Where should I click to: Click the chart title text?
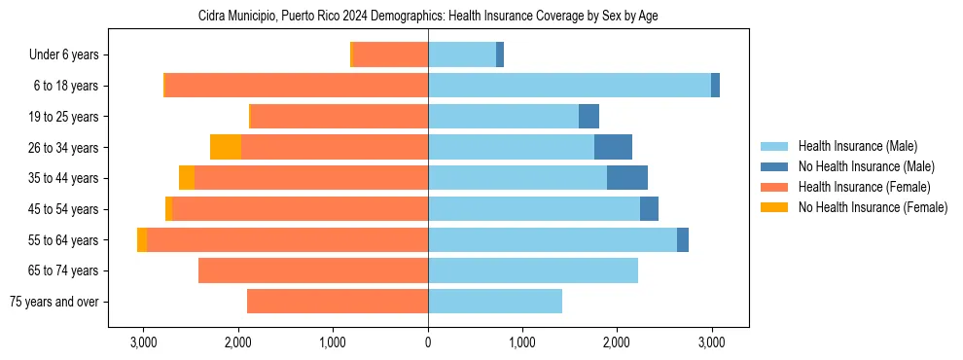tap(428, 17)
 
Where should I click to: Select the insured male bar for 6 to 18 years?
tap(569, 86)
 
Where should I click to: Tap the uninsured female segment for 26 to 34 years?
tap(226, 147)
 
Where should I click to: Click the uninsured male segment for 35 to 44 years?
tap(627, 178)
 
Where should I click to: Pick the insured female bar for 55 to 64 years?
tap(287, 239)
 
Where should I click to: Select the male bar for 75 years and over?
tap(495, 302)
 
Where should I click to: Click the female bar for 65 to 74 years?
tap(313, 270)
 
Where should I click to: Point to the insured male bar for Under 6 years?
tap(462, 55)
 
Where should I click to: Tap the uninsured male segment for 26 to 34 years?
tap(613, 147)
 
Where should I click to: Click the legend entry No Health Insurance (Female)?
tap(873, 207)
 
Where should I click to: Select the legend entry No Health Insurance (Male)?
tap(866, 166)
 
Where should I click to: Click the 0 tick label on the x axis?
tap(428, 342)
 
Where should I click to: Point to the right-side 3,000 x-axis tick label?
tap(711, 342)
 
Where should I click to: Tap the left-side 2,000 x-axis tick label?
tap(238, 342)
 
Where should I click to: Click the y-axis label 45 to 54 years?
tap(64, 209)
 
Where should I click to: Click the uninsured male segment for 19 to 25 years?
tap(588, 117)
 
